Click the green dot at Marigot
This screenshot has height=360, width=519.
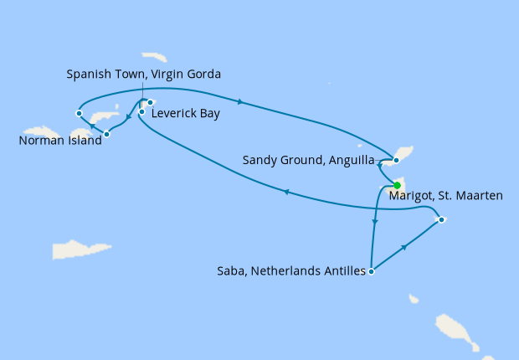pos(397,186)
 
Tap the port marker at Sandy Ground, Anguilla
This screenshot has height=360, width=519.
pos(396,159)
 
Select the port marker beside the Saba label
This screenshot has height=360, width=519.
pos(371,270)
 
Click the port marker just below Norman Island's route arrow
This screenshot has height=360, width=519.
pos(106,134)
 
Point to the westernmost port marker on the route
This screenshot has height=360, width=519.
pos(78,112)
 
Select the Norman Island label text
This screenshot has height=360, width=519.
pos(59,141)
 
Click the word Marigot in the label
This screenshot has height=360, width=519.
pos(413,196)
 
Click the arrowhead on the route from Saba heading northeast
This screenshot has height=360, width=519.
pos(405,247)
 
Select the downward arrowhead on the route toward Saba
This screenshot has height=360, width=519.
pos(375,223)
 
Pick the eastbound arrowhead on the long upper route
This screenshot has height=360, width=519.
pos(241,102)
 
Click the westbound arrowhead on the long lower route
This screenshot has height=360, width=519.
pos(286,192)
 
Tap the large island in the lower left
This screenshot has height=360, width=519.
pos(81,249)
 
